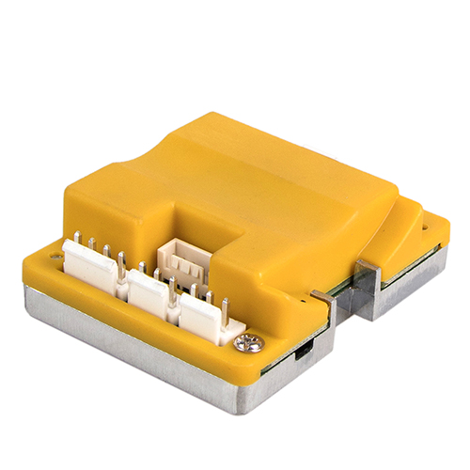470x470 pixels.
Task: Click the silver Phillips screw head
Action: (x=249, y=343)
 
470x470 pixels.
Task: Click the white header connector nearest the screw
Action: (x=206, y=318)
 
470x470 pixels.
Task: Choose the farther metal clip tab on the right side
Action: (x=368, y=279)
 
